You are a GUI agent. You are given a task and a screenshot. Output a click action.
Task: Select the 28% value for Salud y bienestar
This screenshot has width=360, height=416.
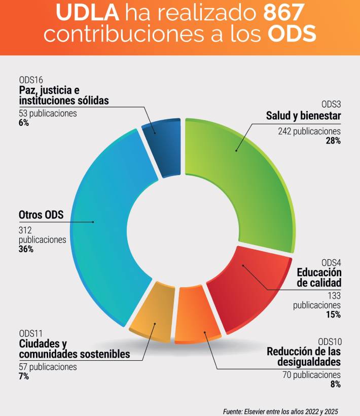[333, 141]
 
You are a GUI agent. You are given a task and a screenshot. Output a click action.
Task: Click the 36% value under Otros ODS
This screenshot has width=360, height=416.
[26, 249]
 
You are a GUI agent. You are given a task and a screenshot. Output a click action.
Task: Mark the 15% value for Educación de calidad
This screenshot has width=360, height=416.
[333, 315]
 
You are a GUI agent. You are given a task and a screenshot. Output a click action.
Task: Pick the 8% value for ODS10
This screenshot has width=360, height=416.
[335, 385]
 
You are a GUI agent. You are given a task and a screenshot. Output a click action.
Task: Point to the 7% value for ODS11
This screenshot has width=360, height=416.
[24, 376]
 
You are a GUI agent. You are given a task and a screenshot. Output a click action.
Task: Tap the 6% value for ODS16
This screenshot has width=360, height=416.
[24, 123]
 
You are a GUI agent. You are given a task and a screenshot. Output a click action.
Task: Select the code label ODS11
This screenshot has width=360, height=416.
[31, 333]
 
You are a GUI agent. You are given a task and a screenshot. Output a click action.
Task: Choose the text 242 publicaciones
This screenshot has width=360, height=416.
[309, 131]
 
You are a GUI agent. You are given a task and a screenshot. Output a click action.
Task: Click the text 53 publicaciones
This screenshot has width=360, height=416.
[48, 113]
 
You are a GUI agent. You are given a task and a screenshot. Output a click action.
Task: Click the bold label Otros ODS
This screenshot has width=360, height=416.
[41, 215]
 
